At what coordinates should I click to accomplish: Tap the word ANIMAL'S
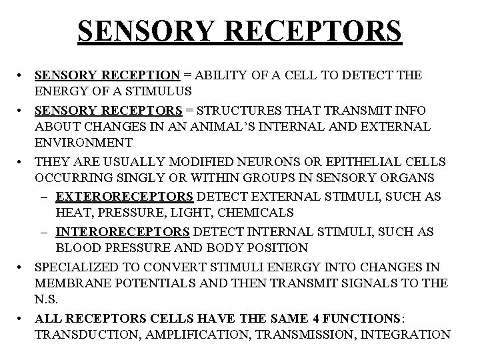pyautogui.click(x=234, y=126)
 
